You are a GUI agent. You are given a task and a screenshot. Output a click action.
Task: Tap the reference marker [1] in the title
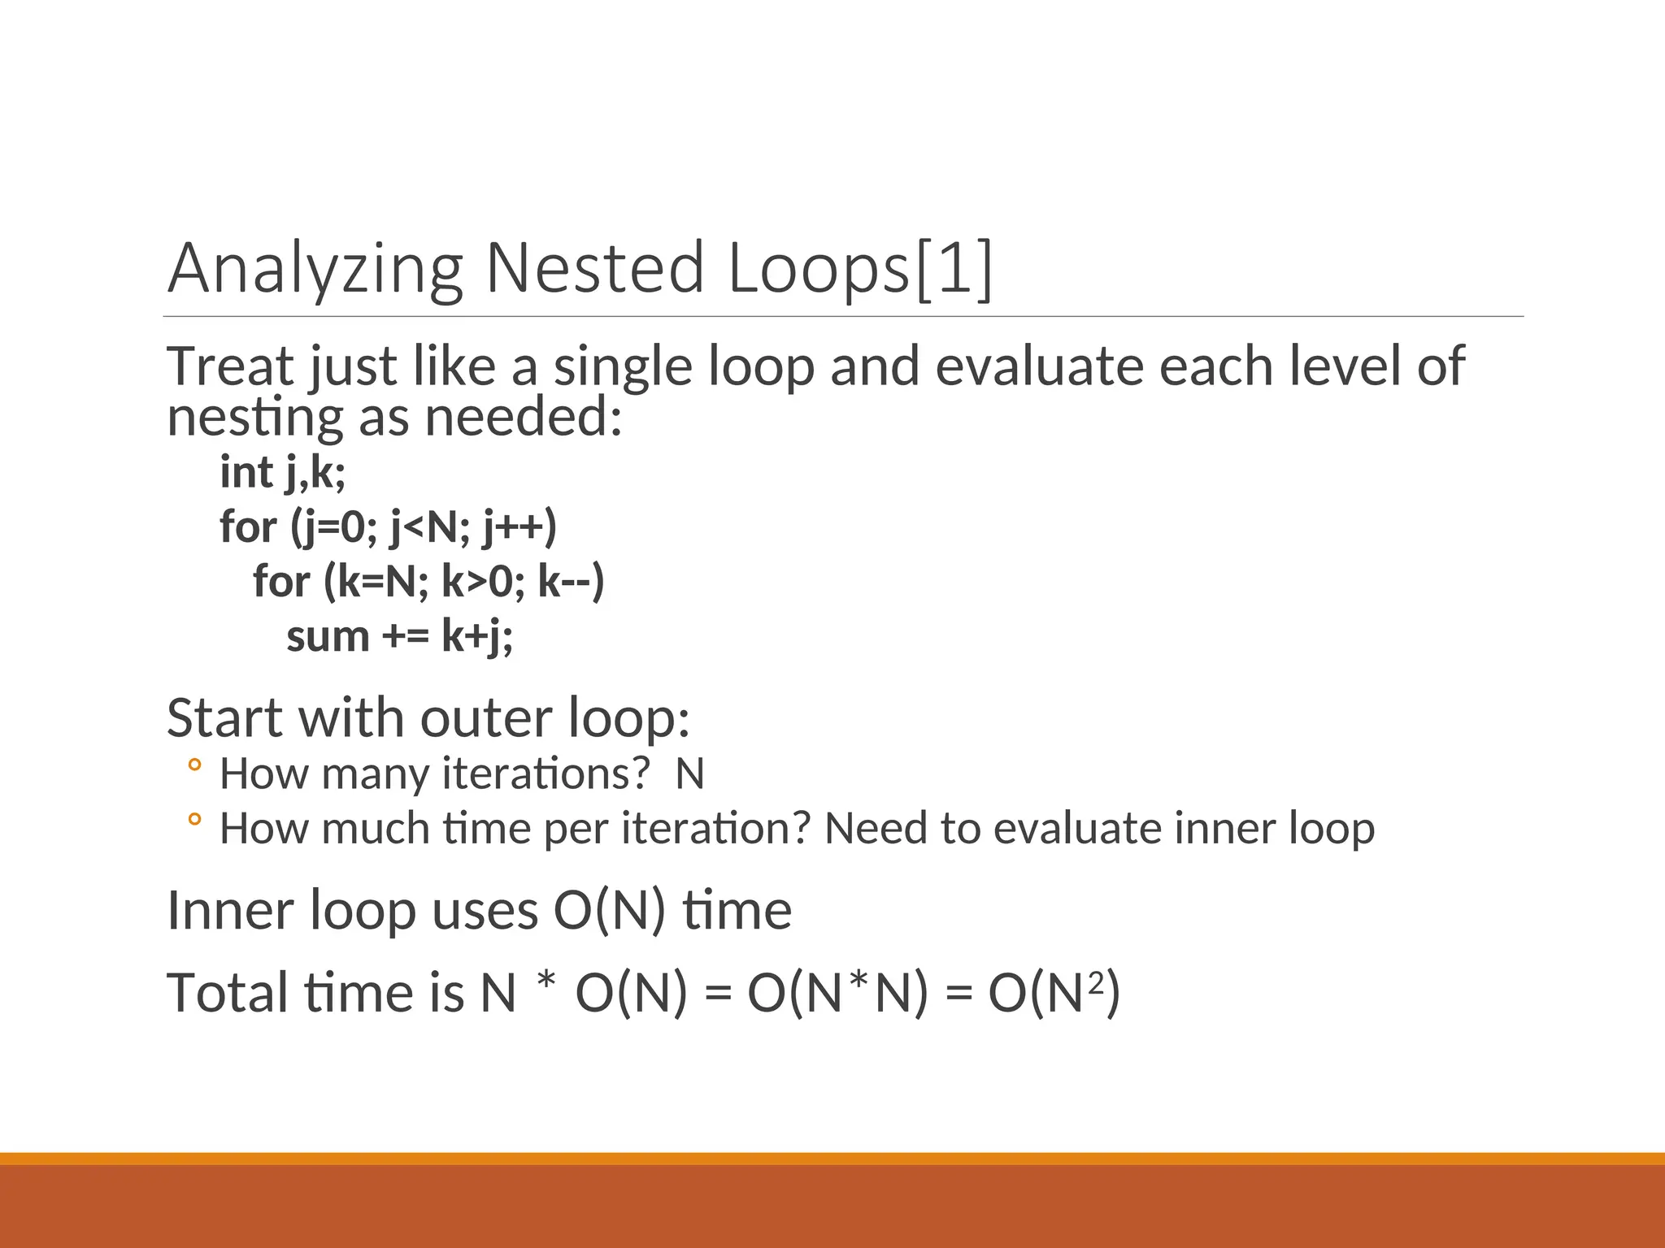[954, 269]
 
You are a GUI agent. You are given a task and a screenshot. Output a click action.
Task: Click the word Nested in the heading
[594, 269]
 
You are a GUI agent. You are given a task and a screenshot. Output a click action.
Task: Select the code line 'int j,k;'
[282, 473]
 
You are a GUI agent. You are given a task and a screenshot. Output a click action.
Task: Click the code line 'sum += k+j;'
[399, 636]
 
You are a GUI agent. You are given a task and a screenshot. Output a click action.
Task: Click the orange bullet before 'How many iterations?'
[193, 765]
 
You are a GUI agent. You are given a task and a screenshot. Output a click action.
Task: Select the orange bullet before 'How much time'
[193, 820]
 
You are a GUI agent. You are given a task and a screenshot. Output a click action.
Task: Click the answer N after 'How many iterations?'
[689, 773]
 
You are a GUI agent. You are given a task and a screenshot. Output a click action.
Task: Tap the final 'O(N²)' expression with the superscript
[1054, 993]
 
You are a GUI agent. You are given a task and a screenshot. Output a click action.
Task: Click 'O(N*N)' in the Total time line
[837, 993]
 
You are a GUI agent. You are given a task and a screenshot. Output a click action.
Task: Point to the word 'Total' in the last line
[228, 993]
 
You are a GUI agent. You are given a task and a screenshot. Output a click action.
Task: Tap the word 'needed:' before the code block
[524, 417]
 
